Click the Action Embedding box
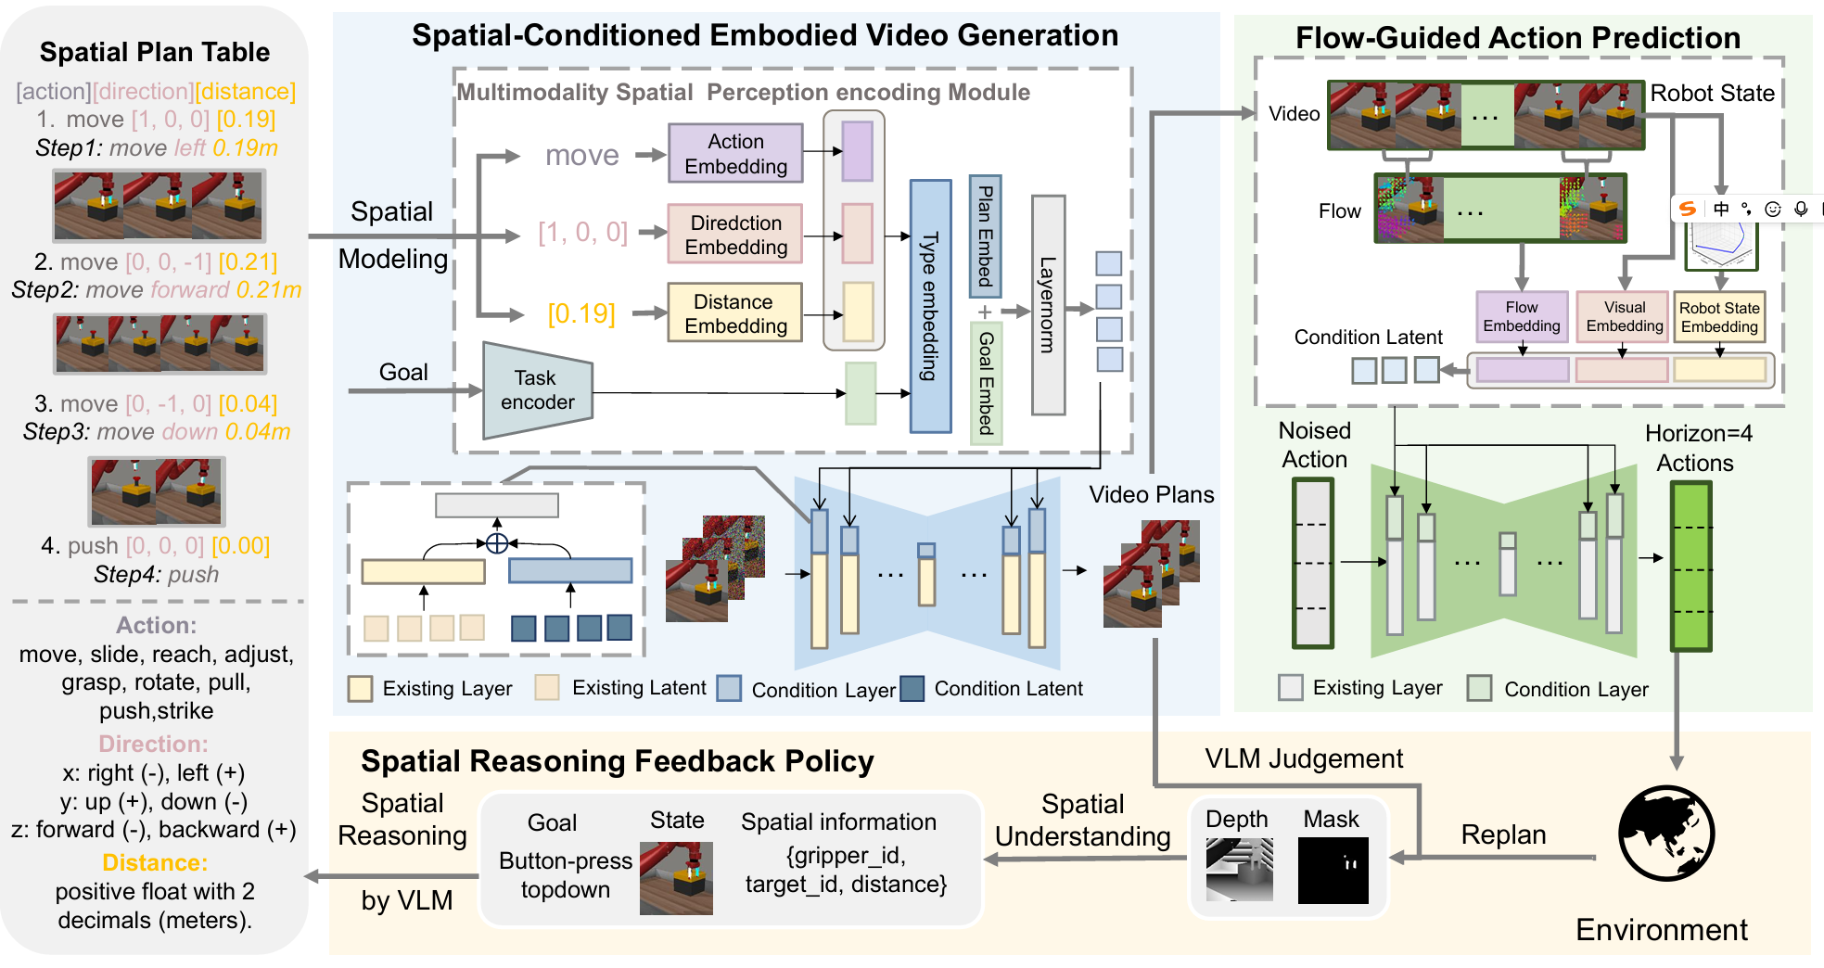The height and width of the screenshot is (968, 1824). tap(735, 154)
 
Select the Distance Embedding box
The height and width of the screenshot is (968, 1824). tap(735, 313)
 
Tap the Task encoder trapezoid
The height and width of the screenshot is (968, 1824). tap(537, 390)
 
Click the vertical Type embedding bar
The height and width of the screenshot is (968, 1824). tap(930, 306)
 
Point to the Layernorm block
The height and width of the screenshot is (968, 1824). tap(1048, 305)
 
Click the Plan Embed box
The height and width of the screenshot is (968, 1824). tap(985, 236)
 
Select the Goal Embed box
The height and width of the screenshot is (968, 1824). tap(986, 383)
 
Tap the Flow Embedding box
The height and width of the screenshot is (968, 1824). tap(1521, 317)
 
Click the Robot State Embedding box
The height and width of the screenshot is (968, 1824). tap(1718, 317)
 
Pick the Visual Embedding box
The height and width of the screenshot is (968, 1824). tap(1624, 317)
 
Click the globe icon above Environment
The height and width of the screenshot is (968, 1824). tap(1665, 833)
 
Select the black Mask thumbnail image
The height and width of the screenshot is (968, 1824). tap(1333, 871)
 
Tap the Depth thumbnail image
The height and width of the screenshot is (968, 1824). tap(1239, 870)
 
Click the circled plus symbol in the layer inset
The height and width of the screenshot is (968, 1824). tap(497, 543)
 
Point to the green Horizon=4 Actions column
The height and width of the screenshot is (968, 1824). tap(1690, 566)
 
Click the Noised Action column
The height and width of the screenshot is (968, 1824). tap(1312, 563)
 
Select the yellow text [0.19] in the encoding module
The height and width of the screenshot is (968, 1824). tap(581, 314)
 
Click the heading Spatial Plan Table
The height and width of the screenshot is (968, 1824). tap(155, 52)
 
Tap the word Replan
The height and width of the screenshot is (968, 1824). tap(1503, 834)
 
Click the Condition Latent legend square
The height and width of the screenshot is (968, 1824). tap(912, 689)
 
